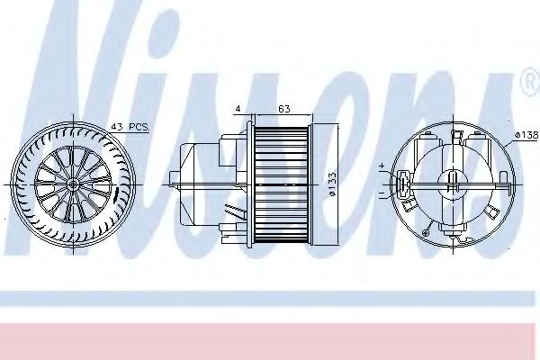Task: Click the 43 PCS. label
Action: coord(131,127)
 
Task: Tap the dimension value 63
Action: coord(283,110)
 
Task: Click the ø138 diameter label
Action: coord(526,135)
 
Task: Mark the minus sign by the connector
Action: coord(382,193)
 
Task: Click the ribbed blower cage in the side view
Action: coord(281,184)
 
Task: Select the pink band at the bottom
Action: coord(270,337)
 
